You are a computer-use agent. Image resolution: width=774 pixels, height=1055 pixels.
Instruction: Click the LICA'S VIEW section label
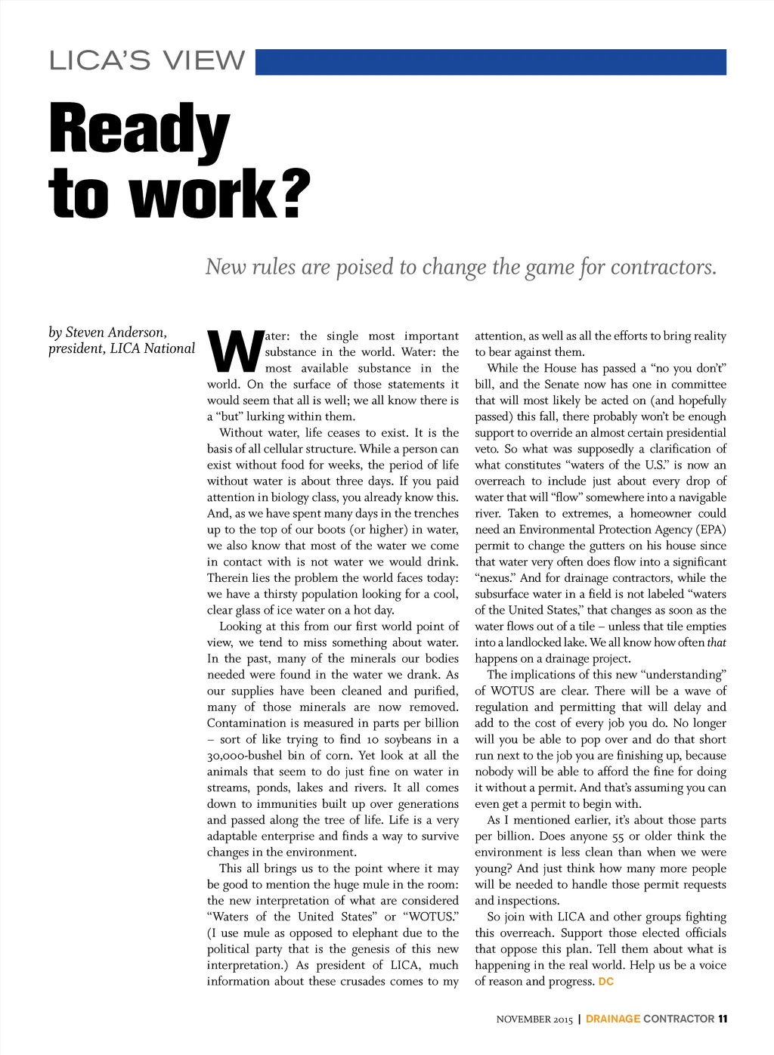(147, 60)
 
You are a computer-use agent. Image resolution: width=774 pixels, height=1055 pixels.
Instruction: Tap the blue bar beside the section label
(491, 62)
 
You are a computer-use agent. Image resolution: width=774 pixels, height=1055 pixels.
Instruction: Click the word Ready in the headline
(139, 131)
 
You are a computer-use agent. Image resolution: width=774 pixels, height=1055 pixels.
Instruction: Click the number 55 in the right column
(618, 837)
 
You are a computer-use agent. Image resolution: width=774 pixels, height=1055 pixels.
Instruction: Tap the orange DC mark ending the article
(605, 982)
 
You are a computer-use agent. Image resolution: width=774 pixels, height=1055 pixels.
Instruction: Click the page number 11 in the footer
(723, 1019)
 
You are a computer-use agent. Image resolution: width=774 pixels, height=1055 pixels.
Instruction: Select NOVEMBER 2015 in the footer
(534, 1019)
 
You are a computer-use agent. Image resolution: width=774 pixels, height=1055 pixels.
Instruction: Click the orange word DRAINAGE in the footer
(613, 1019)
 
